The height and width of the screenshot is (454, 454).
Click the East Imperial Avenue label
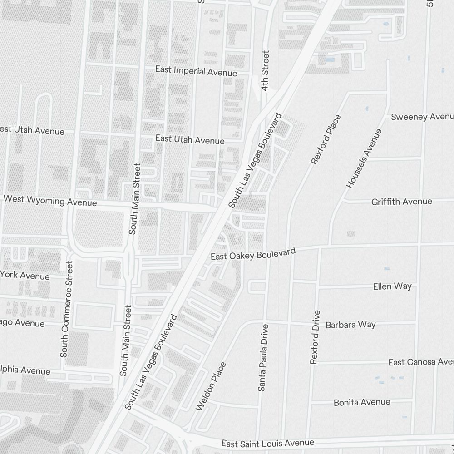[x=196, y=71]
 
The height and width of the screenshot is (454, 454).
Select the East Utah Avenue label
[x=190, y=139]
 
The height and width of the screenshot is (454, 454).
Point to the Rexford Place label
[x=326, y=139]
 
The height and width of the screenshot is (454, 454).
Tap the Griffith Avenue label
[x=401, y=201]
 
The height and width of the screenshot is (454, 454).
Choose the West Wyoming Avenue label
[x=50, y=200]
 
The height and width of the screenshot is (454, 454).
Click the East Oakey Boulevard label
[x=253, y=254]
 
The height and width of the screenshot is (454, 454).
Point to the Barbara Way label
[x=350, y=325]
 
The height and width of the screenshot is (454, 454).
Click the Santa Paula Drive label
[x=263, y=358]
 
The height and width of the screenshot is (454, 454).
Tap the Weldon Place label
[x=211, y=386]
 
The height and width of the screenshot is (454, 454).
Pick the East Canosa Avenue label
[x=421, y=362]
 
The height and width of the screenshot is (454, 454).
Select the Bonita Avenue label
[x=362, y=402]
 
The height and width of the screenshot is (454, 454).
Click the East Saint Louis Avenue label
[x=267, y=443]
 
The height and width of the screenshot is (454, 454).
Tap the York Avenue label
[x=25, y=275]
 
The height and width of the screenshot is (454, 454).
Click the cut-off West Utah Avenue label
[x=32, y=130]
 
